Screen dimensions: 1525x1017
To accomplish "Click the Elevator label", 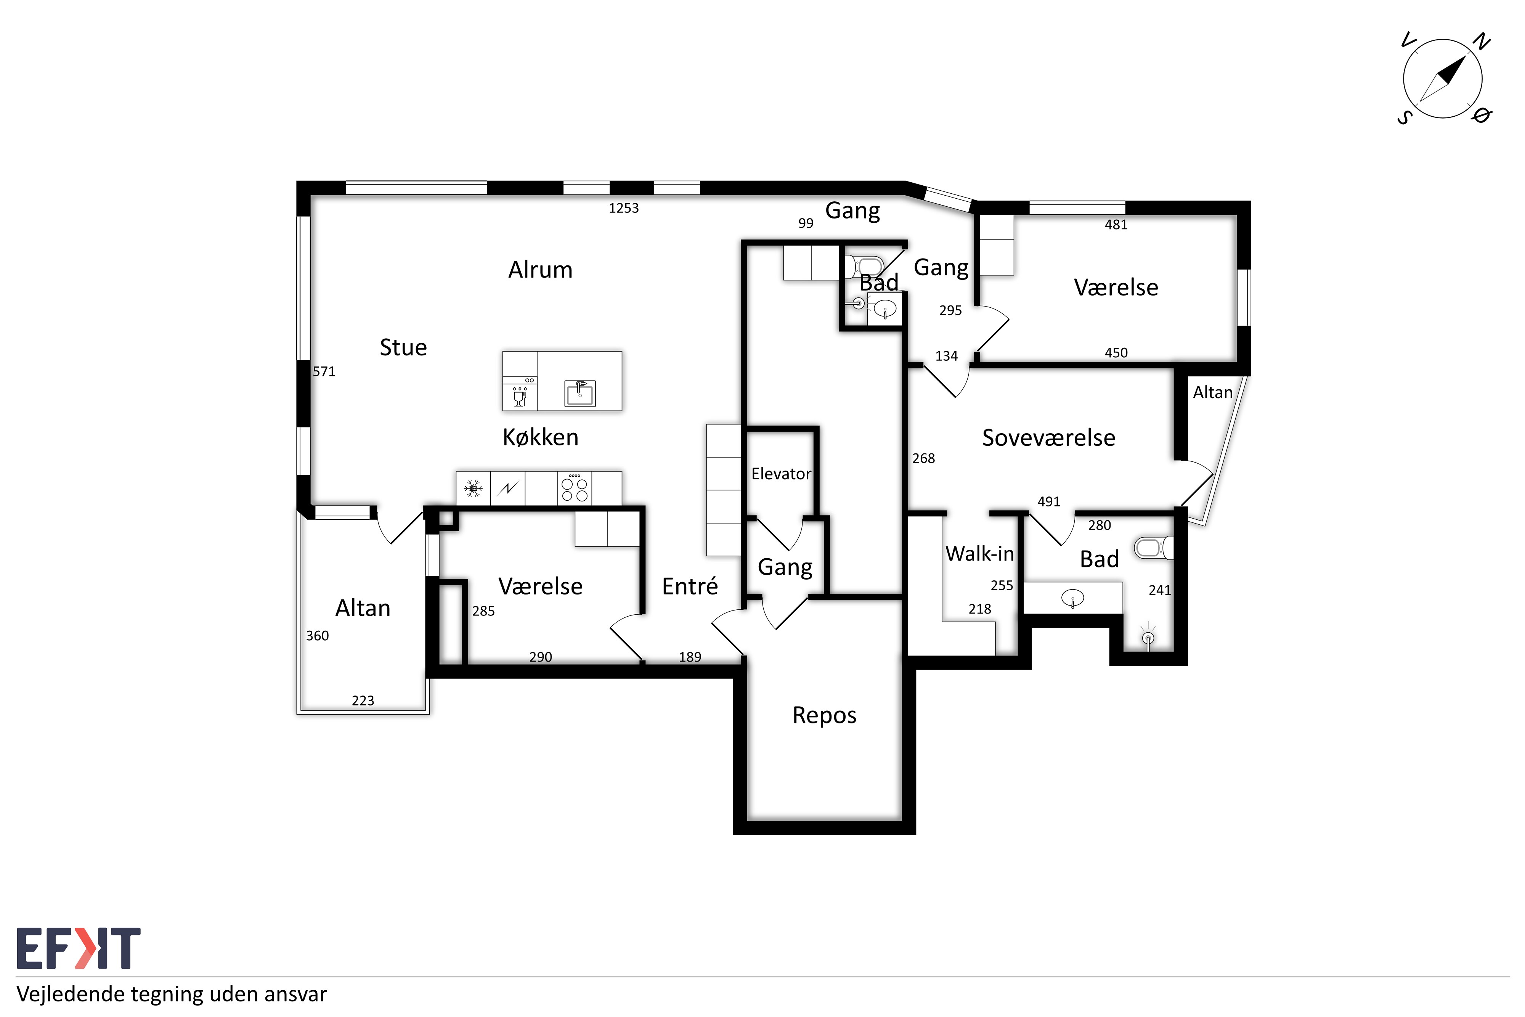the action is [781, 474].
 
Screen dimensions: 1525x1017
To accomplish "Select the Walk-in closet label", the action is [980, 554].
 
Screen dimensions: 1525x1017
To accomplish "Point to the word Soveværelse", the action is [1048, 438].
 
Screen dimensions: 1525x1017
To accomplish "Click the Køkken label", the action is [540, 437].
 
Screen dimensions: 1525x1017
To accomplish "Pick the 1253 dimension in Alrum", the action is [624, 208].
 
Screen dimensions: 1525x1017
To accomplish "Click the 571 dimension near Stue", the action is [324, 372].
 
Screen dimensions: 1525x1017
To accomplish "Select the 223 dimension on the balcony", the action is [363, 700].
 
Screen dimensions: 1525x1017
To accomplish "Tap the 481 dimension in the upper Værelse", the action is [1116, 225].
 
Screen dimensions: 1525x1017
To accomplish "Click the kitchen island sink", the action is [579, 393].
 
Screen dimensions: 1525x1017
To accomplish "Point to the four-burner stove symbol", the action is [575, 488].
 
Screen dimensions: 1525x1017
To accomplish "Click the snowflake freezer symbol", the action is [473, 488].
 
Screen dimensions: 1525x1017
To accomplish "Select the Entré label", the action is [690, 586].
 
